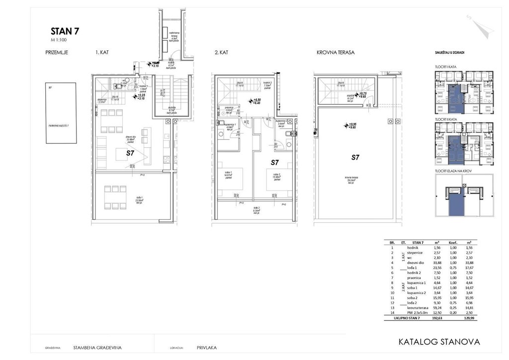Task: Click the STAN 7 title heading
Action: point(65,31)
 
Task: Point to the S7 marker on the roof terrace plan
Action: point(355,158)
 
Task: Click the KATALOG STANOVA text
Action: point(439,342)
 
